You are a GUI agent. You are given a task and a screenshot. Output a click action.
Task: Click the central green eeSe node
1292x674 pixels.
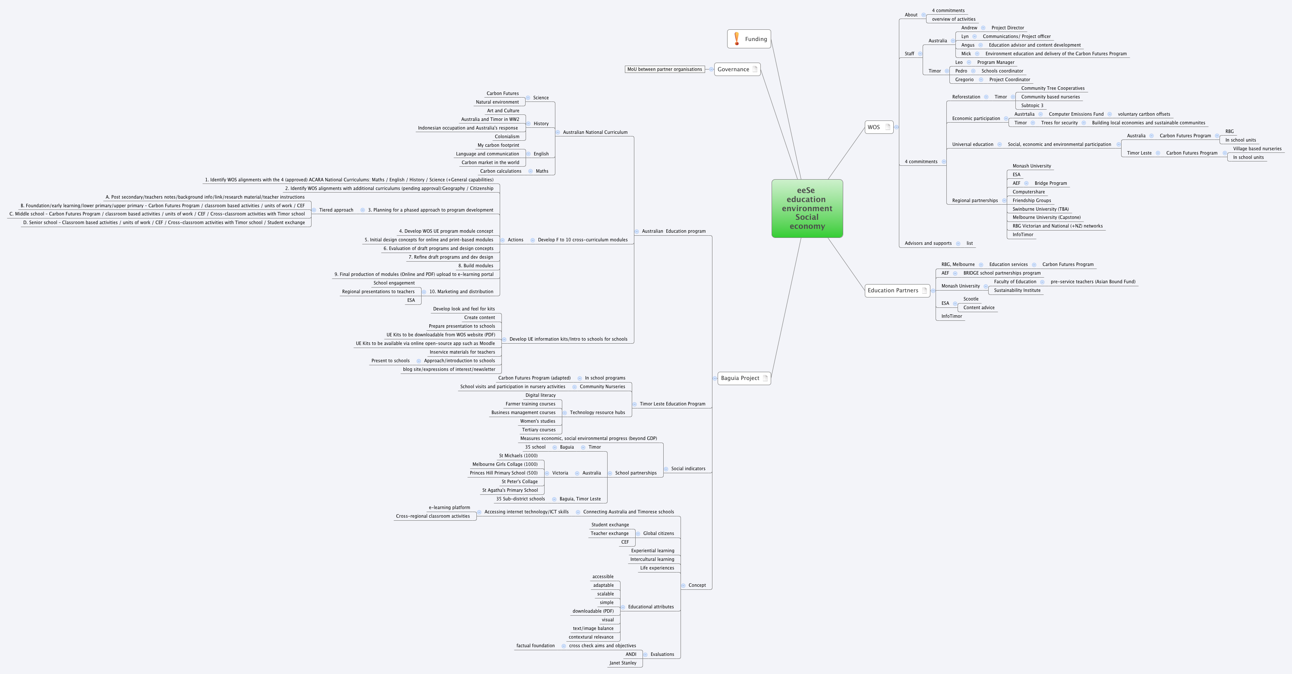click(x=807, y=208)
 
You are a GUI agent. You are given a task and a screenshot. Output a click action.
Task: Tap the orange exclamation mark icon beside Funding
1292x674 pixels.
click(x=736, y=38)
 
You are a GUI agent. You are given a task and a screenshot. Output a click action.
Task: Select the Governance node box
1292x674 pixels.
click(x=737, y=69)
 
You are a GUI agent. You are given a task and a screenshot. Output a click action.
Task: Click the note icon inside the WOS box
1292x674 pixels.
click(x=887, y=127)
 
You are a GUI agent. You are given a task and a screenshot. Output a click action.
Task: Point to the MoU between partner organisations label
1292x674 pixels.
click(x=665, y=69)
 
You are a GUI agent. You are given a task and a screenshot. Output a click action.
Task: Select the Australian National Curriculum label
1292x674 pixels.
click(x=595, y=133)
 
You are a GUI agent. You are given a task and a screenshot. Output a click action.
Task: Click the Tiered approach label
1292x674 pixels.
click(x=336, y=210)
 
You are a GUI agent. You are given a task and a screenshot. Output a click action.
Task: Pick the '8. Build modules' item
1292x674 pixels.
click(x=476, y=266)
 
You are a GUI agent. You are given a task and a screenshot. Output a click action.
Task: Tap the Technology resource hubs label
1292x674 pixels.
click(x=597, y=412)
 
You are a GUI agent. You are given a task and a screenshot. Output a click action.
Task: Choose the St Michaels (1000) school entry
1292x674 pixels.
click(x=518, y=456)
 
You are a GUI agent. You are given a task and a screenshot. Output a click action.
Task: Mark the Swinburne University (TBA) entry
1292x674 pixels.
click(x=1040, y=209)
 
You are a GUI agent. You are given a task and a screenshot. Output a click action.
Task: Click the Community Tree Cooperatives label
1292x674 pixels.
click(x=1053, y=89)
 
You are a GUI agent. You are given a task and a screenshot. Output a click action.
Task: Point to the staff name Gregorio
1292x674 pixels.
click(x=964, y=79)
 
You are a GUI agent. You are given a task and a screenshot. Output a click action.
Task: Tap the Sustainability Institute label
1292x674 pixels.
click(x=1017, y=290)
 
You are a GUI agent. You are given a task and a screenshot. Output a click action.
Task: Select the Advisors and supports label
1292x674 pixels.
click(x=928, y=244)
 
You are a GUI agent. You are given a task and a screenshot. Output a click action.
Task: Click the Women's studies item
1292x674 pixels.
click(x=537, y=421)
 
